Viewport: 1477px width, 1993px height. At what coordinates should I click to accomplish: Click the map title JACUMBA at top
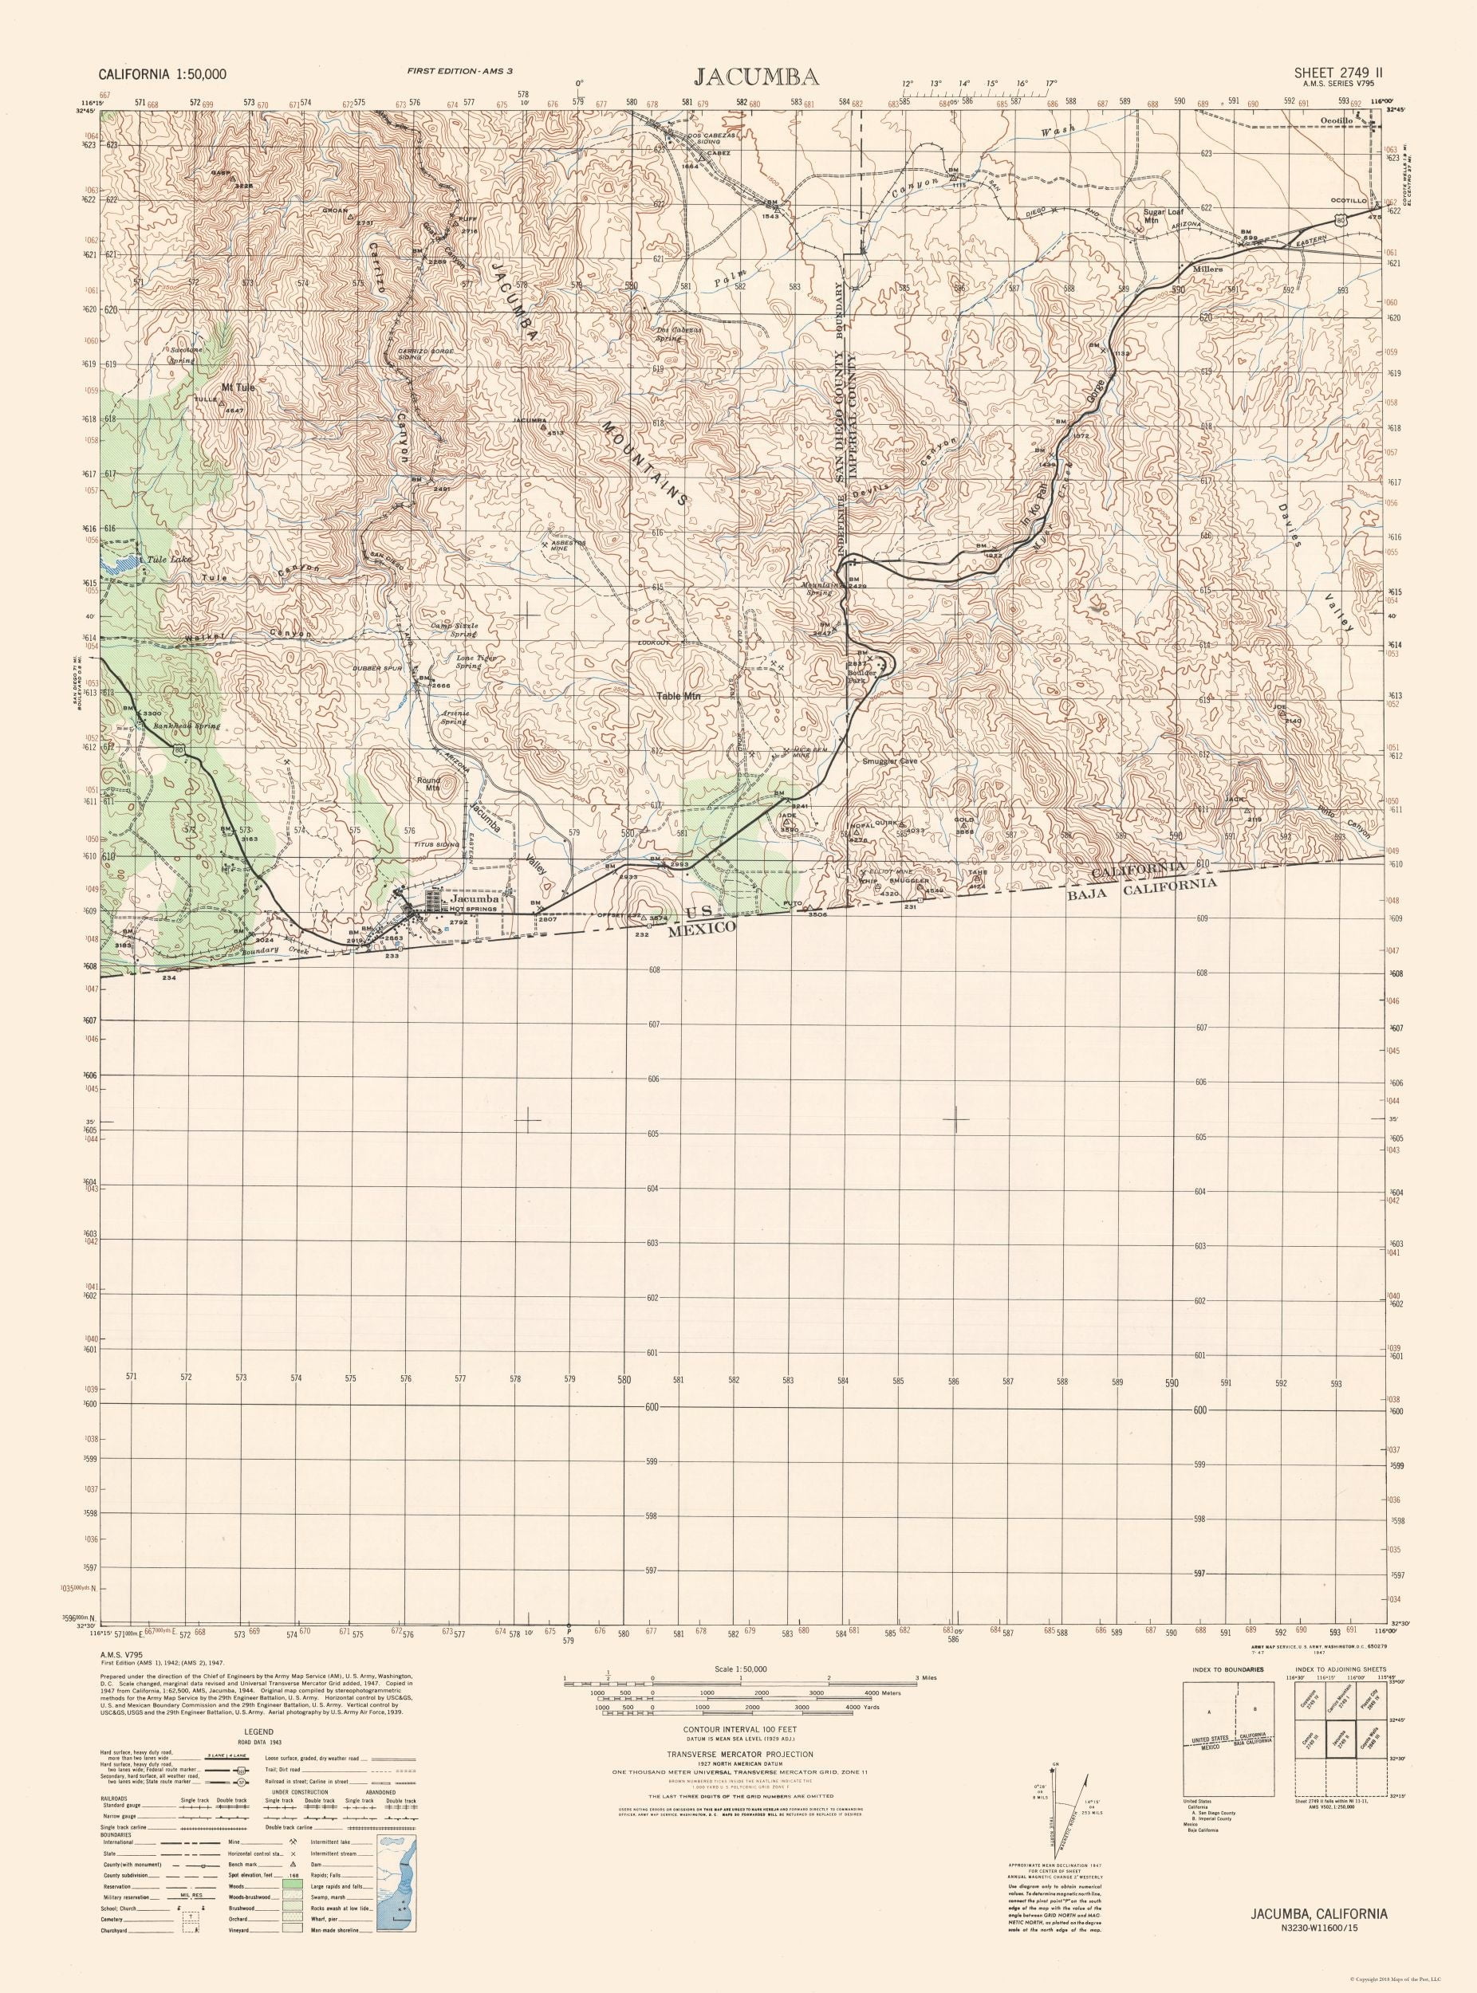click(x=738, y=75)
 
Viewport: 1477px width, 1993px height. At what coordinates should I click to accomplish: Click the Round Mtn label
click(x=428, y=784)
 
